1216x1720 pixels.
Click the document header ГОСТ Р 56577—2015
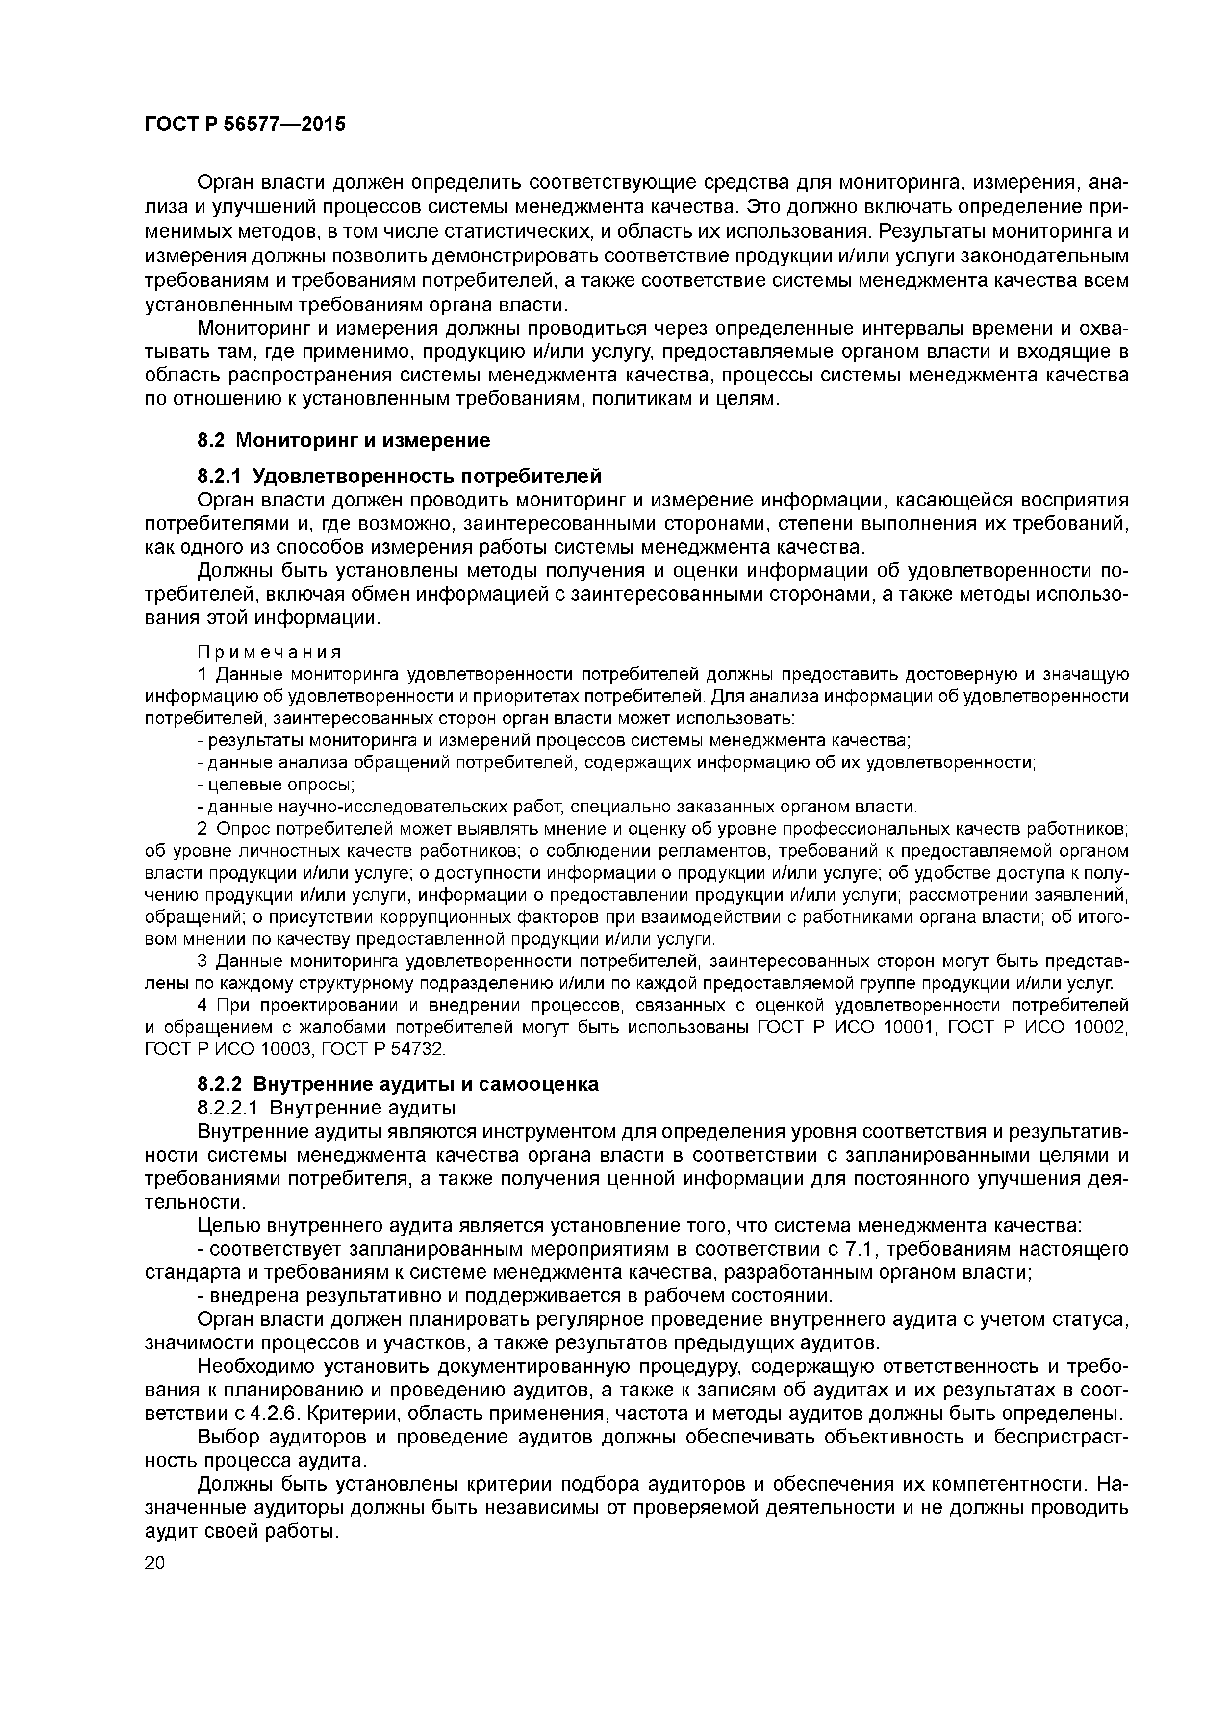pos(245,125)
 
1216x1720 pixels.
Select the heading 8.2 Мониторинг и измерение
pos(344,440)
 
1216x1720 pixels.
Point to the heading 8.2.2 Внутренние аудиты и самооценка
pos(398,1084)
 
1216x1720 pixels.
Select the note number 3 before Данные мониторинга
pos(202,961)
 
